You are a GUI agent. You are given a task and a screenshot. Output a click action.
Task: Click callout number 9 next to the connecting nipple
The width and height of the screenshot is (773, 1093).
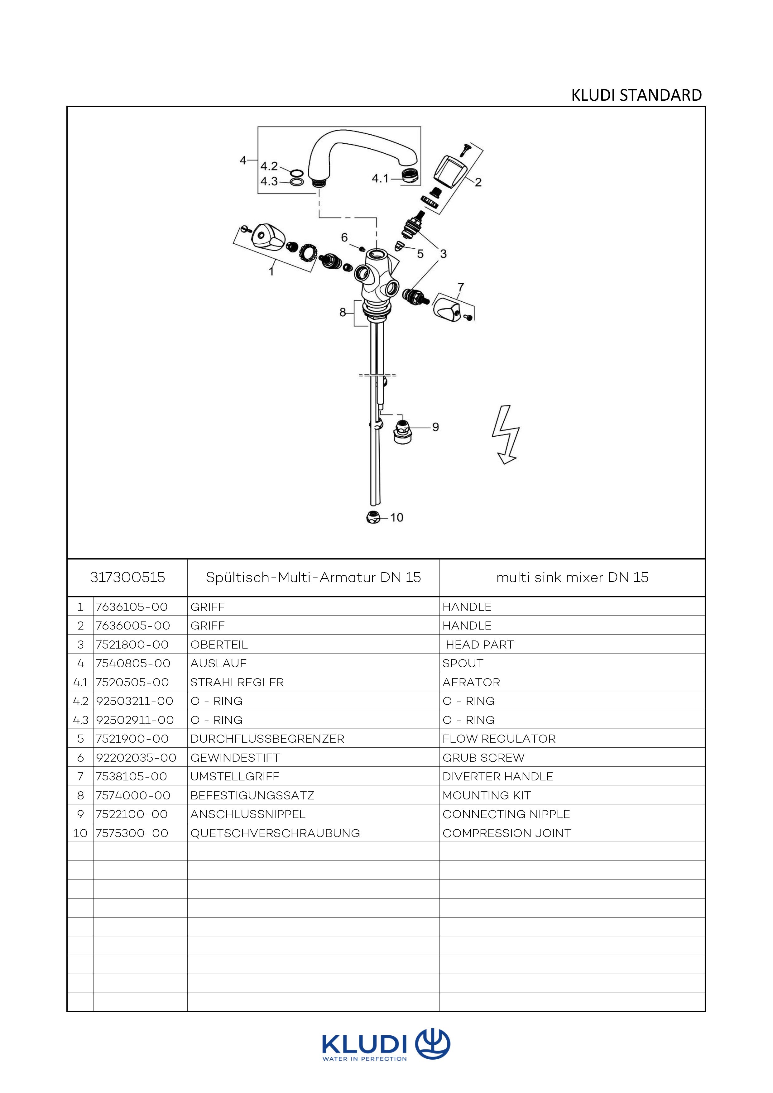coord(435,427)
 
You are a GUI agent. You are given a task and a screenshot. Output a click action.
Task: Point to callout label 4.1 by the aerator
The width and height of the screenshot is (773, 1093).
coord(380,179)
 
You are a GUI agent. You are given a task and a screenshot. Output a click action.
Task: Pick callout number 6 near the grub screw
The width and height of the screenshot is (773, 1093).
coord(345,237)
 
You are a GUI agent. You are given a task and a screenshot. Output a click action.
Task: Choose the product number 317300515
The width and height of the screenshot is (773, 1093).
coord(127,578)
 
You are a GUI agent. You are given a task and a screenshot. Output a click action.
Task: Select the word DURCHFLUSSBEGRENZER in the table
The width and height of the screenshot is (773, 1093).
coord(267,739)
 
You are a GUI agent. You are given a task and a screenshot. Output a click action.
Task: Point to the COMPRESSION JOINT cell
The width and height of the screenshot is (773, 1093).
coord(507,834)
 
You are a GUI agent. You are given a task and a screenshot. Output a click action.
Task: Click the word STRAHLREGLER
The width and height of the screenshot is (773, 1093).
coord(237,682)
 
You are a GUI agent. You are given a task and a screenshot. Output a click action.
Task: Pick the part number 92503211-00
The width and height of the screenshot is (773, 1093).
coord(134,701)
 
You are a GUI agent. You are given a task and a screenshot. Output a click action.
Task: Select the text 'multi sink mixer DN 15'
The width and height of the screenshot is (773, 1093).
coord(572,578)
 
